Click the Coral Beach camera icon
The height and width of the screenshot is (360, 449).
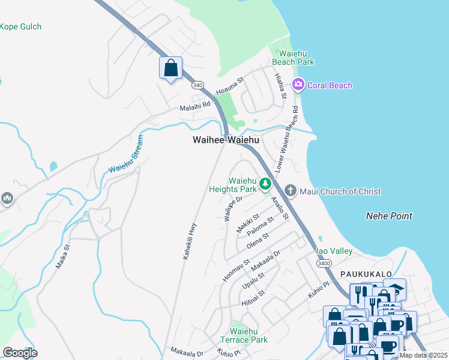[x=298, y=85]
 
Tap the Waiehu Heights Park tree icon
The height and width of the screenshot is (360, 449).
[x=265, y=184]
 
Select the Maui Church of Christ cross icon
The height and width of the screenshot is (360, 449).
[x=290, y=191]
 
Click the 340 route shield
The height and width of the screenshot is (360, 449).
[x=197, y=86]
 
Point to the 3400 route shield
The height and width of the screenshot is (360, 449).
[x=324, y=263]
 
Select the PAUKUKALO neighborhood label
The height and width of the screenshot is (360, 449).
[x=366, y=274]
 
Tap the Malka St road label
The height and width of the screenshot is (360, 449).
[x=63, y=255]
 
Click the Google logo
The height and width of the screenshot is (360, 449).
[x=20, y=353]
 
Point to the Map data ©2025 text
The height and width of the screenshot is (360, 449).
[x=423, y=355]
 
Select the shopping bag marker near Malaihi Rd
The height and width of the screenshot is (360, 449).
[x=170, y=67]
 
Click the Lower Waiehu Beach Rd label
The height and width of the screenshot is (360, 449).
[x=287, y=139]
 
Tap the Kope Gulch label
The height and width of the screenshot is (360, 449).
[x=20, y=26]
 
